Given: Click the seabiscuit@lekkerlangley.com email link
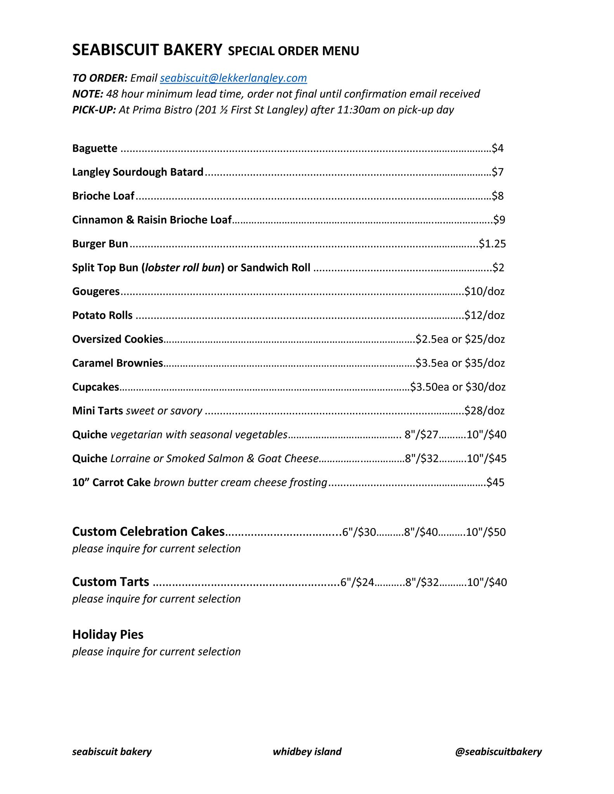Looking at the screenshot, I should (x=233, y=78).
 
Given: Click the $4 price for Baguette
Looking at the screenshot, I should (x=498, y=148).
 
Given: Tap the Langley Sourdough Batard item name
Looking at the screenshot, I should (x=138, y=172).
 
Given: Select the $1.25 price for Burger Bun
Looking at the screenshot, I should (x=492, y=244).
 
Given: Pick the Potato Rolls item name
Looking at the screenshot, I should (x=102, y=316).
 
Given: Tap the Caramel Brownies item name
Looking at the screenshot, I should (x=118, y=363).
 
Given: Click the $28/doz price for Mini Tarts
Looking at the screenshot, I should (x=484, y=411).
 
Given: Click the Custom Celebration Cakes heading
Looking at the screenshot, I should (x=148, y=532).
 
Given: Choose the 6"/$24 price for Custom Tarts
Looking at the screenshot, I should (x=357, y=582).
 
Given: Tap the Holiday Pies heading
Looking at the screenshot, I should (x=108, y=635).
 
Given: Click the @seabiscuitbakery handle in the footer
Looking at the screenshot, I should (x=498, y=752).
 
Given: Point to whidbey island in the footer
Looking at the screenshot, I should (x=307, y=752).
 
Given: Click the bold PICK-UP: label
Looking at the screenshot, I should (x=94, y=110).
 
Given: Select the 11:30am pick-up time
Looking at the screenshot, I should (x=359, y=110).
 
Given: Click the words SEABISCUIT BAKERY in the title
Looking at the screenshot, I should (x=147, y=50).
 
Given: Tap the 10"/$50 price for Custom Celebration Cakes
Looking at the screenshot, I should (x=486, y=532).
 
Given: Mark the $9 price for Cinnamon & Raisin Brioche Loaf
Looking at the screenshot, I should (x=499, y=220).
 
